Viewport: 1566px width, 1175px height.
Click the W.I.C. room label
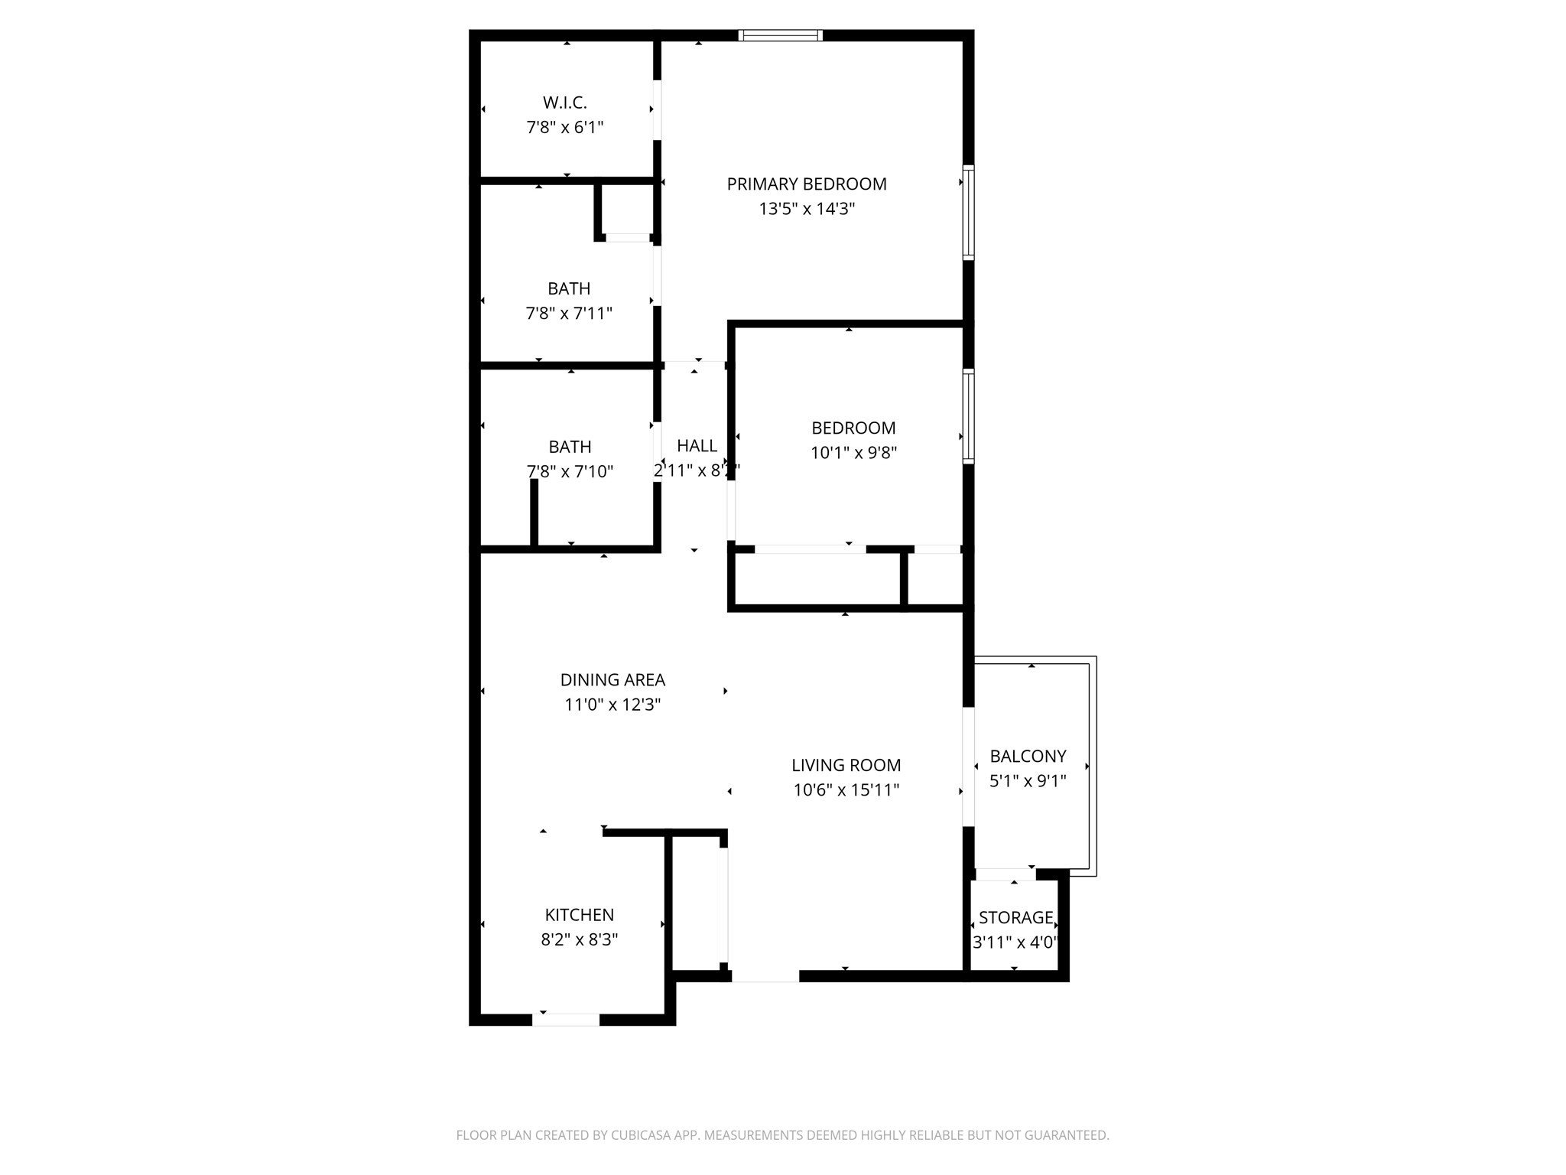565,103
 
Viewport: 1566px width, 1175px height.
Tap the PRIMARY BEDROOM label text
807,184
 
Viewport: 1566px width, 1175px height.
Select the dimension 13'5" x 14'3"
807,209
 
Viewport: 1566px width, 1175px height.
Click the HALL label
697,446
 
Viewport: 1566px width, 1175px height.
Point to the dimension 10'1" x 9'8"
853,453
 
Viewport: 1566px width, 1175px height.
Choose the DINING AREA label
612,680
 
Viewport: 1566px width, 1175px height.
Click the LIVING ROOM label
846,765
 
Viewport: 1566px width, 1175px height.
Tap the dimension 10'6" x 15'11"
846,790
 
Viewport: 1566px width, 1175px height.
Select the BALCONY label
1028,757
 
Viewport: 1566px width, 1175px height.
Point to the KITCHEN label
579,915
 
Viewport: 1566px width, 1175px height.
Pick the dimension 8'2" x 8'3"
579,939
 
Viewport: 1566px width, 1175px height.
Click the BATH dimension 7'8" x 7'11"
569,314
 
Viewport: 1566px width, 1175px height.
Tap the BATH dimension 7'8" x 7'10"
570,471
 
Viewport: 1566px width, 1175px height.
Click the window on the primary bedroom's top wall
780,35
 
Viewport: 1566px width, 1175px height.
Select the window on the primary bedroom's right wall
968,213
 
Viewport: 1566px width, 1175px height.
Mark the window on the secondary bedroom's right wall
968,416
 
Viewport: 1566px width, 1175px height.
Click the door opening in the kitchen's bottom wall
566,1020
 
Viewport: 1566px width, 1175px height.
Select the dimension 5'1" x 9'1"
1028,781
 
